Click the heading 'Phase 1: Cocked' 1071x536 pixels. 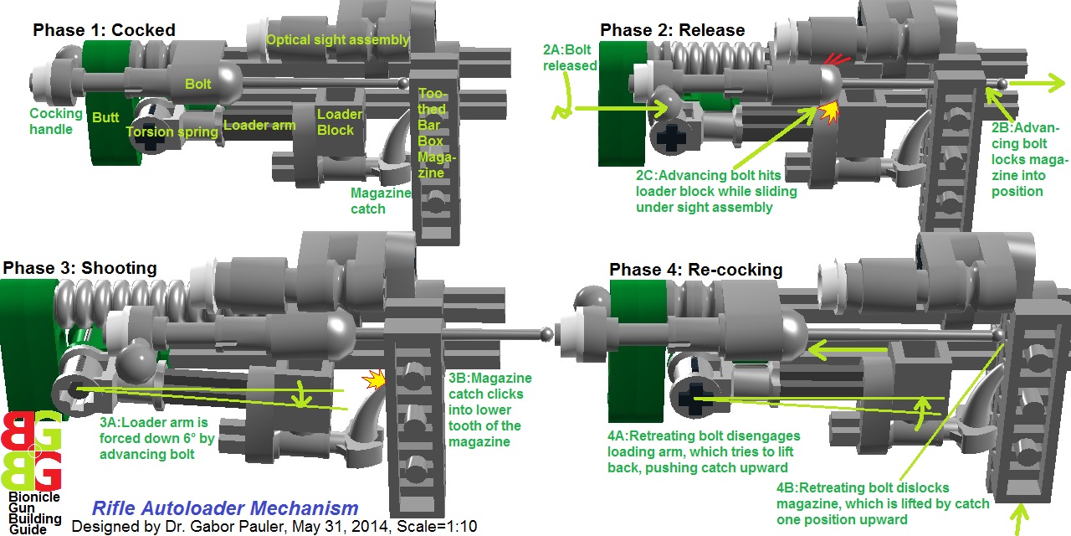click(104, 30)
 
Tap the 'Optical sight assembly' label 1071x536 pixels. click(337, 39)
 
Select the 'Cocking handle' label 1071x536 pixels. click(56, 121)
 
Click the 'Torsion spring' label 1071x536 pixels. click(172, 131)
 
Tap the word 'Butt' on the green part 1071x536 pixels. click(105, 118)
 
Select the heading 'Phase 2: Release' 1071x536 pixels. click(672, 31)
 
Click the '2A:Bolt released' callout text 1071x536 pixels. click(570, 57)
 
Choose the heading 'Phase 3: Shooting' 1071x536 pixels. click(79, 268)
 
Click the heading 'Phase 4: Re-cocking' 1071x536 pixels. click(695, 270)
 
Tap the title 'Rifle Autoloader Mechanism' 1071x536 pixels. click(224, 508)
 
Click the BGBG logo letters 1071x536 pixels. click(31, 451)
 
